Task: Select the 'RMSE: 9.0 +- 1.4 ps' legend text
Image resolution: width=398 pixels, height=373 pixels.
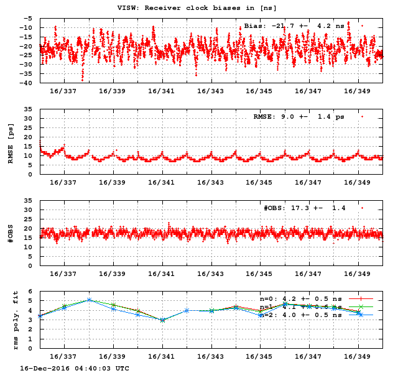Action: (298, 117)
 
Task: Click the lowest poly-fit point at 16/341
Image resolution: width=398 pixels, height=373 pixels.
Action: (162, 320)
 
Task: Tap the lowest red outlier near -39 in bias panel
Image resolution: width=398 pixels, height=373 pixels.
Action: (82, 80)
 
